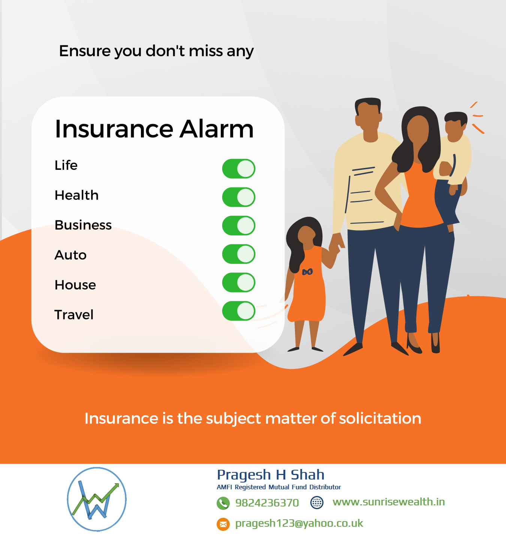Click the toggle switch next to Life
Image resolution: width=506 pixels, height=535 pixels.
click(239, 169)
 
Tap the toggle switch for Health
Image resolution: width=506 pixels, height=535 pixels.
click(239, 197)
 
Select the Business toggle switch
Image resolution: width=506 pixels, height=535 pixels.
click(239, 226)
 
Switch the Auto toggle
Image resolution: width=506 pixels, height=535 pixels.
click(239, 254)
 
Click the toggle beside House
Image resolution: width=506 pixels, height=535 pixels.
click(239, 282)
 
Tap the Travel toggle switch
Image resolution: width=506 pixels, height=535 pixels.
click(239, 311)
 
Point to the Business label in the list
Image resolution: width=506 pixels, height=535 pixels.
click(83, 225)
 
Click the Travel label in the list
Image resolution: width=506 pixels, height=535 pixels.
click(74, 315)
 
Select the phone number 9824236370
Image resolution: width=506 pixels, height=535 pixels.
click(267, 503)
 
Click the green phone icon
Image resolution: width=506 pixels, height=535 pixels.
click(223, 503)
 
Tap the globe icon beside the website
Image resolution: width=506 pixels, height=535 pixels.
click(317, 502)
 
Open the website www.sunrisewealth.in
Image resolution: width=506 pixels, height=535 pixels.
click(388, 502)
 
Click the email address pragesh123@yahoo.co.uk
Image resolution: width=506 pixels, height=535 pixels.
click(299, 523)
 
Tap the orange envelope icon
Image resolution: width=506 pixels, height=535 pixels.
click(223, 524)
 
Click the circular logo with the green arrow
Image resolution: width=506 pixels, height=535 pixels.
click(97, 499)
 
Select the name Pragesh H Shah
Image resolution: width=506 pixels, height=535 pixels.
click(270, 475)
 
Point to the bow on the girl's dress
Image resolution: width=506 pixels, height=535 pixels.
click(307, 271)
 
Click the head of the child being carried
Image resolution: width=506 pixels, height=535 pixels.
click(456, 126)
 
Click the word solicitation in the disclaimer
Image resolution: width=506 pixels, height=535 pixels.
click(380, 418)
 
